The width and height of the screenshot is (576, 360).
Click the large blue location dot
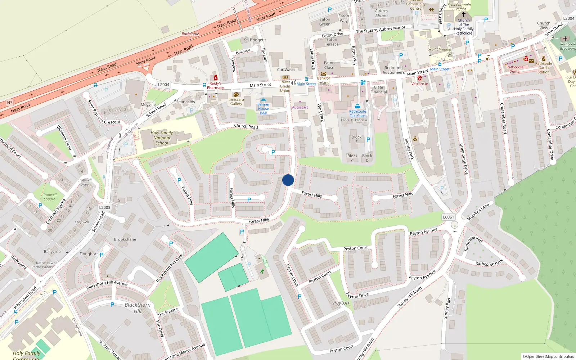point(288,180)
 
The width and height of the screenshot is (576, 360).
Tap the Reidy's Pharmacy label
point(215,86)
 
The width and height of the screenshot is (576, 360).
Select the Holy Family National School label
point(162,138)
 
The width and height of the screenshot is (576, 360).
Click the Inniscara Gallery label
point(236,102)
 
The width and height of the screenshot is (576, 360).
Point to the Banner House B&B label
point(264,109)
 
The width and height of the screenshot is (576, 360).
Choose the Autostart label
point(300,107)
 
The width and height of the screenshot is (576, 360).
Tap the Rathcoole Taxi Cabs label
point(357,113)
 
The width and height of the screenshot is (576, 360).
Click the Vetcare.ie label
point(420,84)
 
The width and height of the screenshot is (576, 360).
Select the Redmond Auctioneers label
point(393,70)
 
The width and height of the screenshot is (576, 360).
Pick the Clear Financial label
point(379,90)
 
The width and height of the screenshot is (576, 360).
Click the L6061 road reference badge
point(448,217)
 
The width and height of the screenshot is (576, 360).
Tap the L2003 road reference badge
point(105,207)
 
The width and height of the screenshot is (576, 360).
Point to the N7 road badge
point(10,103)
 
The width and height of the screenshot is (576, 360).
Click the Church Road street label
point(246,126)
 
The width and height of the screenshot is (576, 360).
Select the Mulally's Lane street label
point(478,212)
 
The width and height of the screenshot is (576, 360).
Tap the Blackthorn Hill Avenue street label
point(107,285)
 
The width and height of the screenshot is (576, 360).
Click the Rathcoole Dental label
point(515,69)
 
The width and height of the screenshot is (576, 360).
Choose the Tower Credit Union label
point(285,86)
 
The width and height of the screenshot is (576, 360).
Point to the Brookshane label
point(125,239)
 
